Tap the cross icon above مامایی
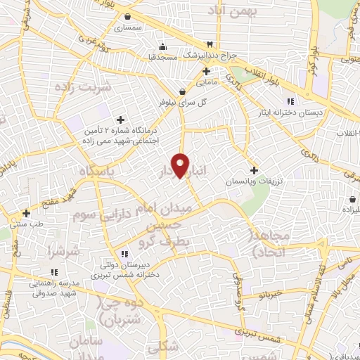point(206,71)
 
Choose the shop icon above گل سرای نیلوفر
point(183,91)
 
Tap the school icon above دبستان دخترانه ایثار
point(290,101)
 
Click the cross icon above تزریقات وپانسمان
point(254,169)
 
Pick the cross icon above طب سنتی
point(26,213)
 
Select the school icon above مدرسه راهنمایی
point(53,272)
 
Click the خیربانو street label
point(270,295)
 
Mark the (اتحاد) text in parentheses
point(257,252)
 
